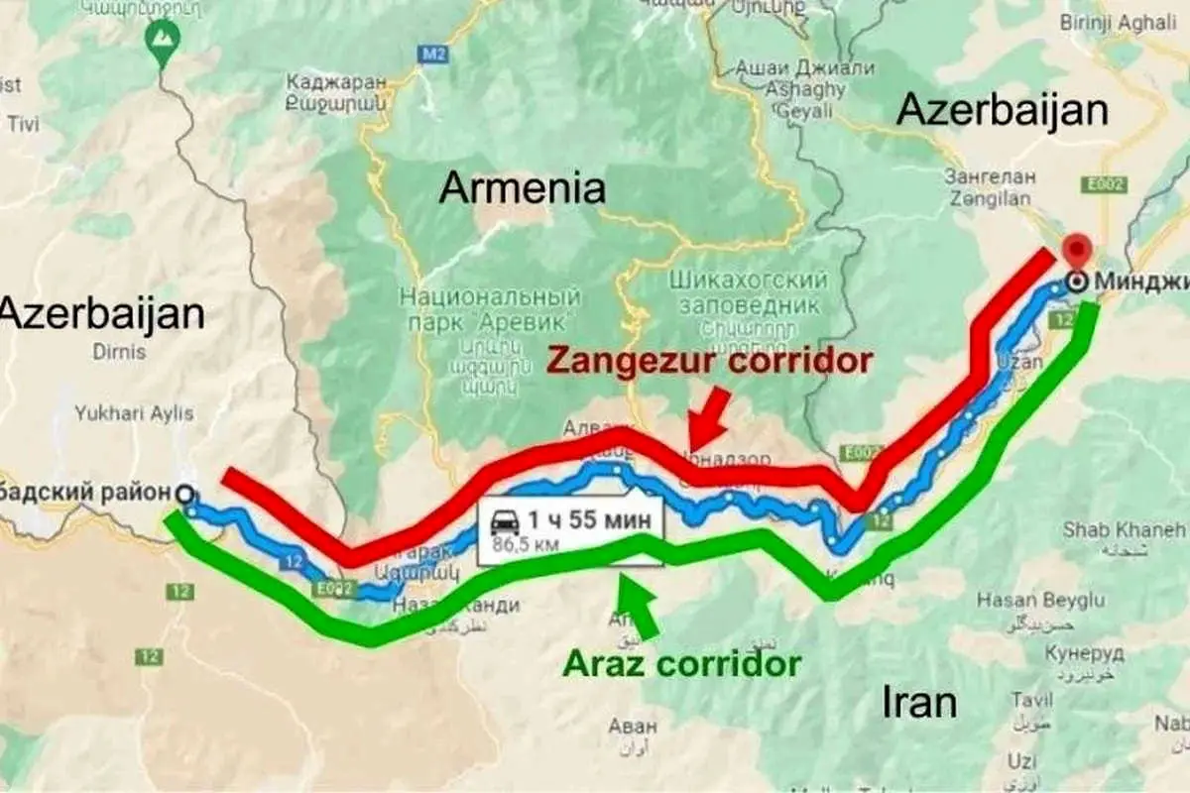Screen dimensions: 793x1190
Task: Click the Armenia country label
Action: pyautogui.click(x=523, y=187)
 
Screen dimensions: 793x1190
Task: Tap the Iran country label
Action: pyautogui.click(x=919, y=702)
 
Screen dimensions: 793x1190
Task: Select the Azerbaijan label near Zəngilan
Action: pyautogui.click(x=1002, y=109)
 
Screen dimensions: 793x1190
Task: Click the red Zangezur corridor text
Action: pyautogui.click(x=709, y=359)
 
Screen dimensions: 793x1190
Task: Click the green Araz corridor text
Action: pyautogui.click(x=681, y=662)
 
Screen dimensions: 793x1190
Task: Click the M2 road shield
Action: pyautogui.click(x=430, y=54)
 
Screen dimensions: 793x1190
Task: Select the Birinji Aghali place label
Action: pyautogui.click(x=1134, y=23)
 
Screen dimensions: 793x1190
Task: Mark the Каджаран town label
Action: pyautogui.click(x=334, y=81)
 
